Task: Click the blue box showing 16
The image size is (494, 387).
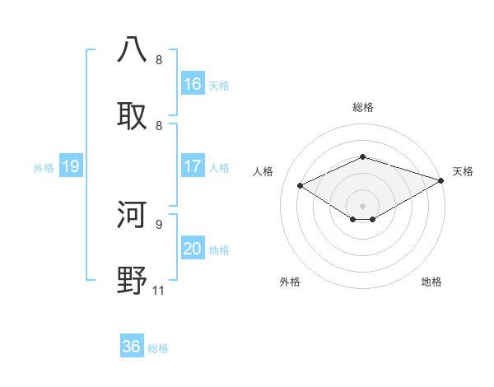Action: (x=193, y=84)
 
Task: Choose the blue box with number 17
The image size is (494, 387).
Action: (x=193, y=166)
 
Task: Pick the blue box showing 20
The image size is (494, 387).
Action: (x=193, y=249)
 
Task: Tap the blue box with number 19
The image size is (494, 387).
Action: (x=71, y=166)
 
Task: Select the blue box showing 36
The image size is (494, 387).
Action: (x=132, y=347)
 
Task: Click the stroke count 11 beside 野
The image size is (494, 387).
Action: (x=158, y=290)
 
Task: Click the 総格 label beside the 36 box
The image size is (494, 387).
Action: (x=158, y=348)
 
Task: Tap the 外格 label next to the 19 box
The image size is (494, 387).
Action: (x=44, y=167)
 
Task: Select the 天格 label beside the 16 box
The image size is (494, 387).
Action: (x=219, y=85)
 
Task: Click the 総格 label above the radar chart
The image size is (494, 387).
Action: (x=362, y=107)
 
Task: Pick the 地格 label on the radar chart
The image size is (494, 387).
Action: (x=431, y=282)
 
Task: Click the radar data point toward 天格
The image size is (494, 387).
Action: (x=442, y=180)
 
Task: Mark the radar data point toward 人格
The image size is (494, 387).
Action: (x=301, y=185)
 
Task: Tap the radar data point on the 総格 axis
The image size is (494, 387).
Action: (x=362, y=156)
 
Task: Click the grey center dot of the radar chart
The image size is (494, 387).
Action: (x=362, y=205)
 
